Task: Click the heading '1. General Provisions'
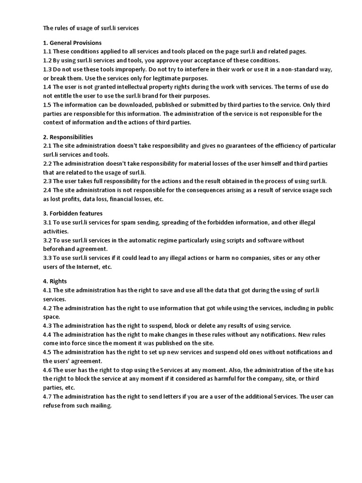point(72,43)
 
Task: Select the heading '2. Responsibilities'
point(68,137)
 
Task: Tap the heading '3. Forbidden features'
point(72,213)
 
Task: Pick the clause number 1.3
point(47,69)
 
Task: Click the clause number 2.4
point(47,190)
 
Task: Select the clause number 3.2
point(47,240)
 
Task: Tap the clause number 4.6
point(47,370)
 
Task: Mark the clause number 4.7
point(47,396)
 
